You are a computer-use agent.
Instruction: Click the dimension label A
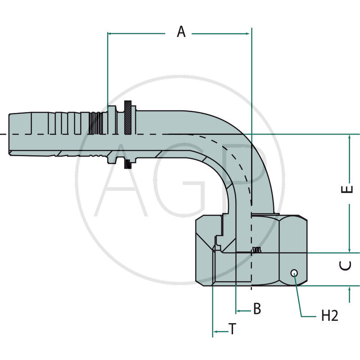181,32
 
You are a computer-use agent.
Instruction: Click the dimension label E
347,189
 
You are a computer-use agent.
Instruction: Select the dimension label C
346,266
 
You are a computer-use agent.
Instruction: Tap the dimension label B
256,309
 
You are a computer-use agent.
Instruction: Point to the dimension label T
232,329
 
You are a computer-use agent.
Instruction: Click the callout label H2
329,316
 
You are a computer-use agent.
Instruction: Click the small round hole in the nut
294,272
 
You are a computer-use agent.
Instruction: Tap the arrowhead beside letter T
215,332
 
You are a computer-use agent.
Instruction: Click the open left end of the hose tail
9,134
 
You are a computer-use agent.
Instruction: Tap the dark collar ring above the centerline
129,118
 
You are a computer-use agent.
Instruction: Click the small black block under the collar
129,164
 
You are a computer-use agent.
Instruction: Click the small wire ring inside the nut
257,250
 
